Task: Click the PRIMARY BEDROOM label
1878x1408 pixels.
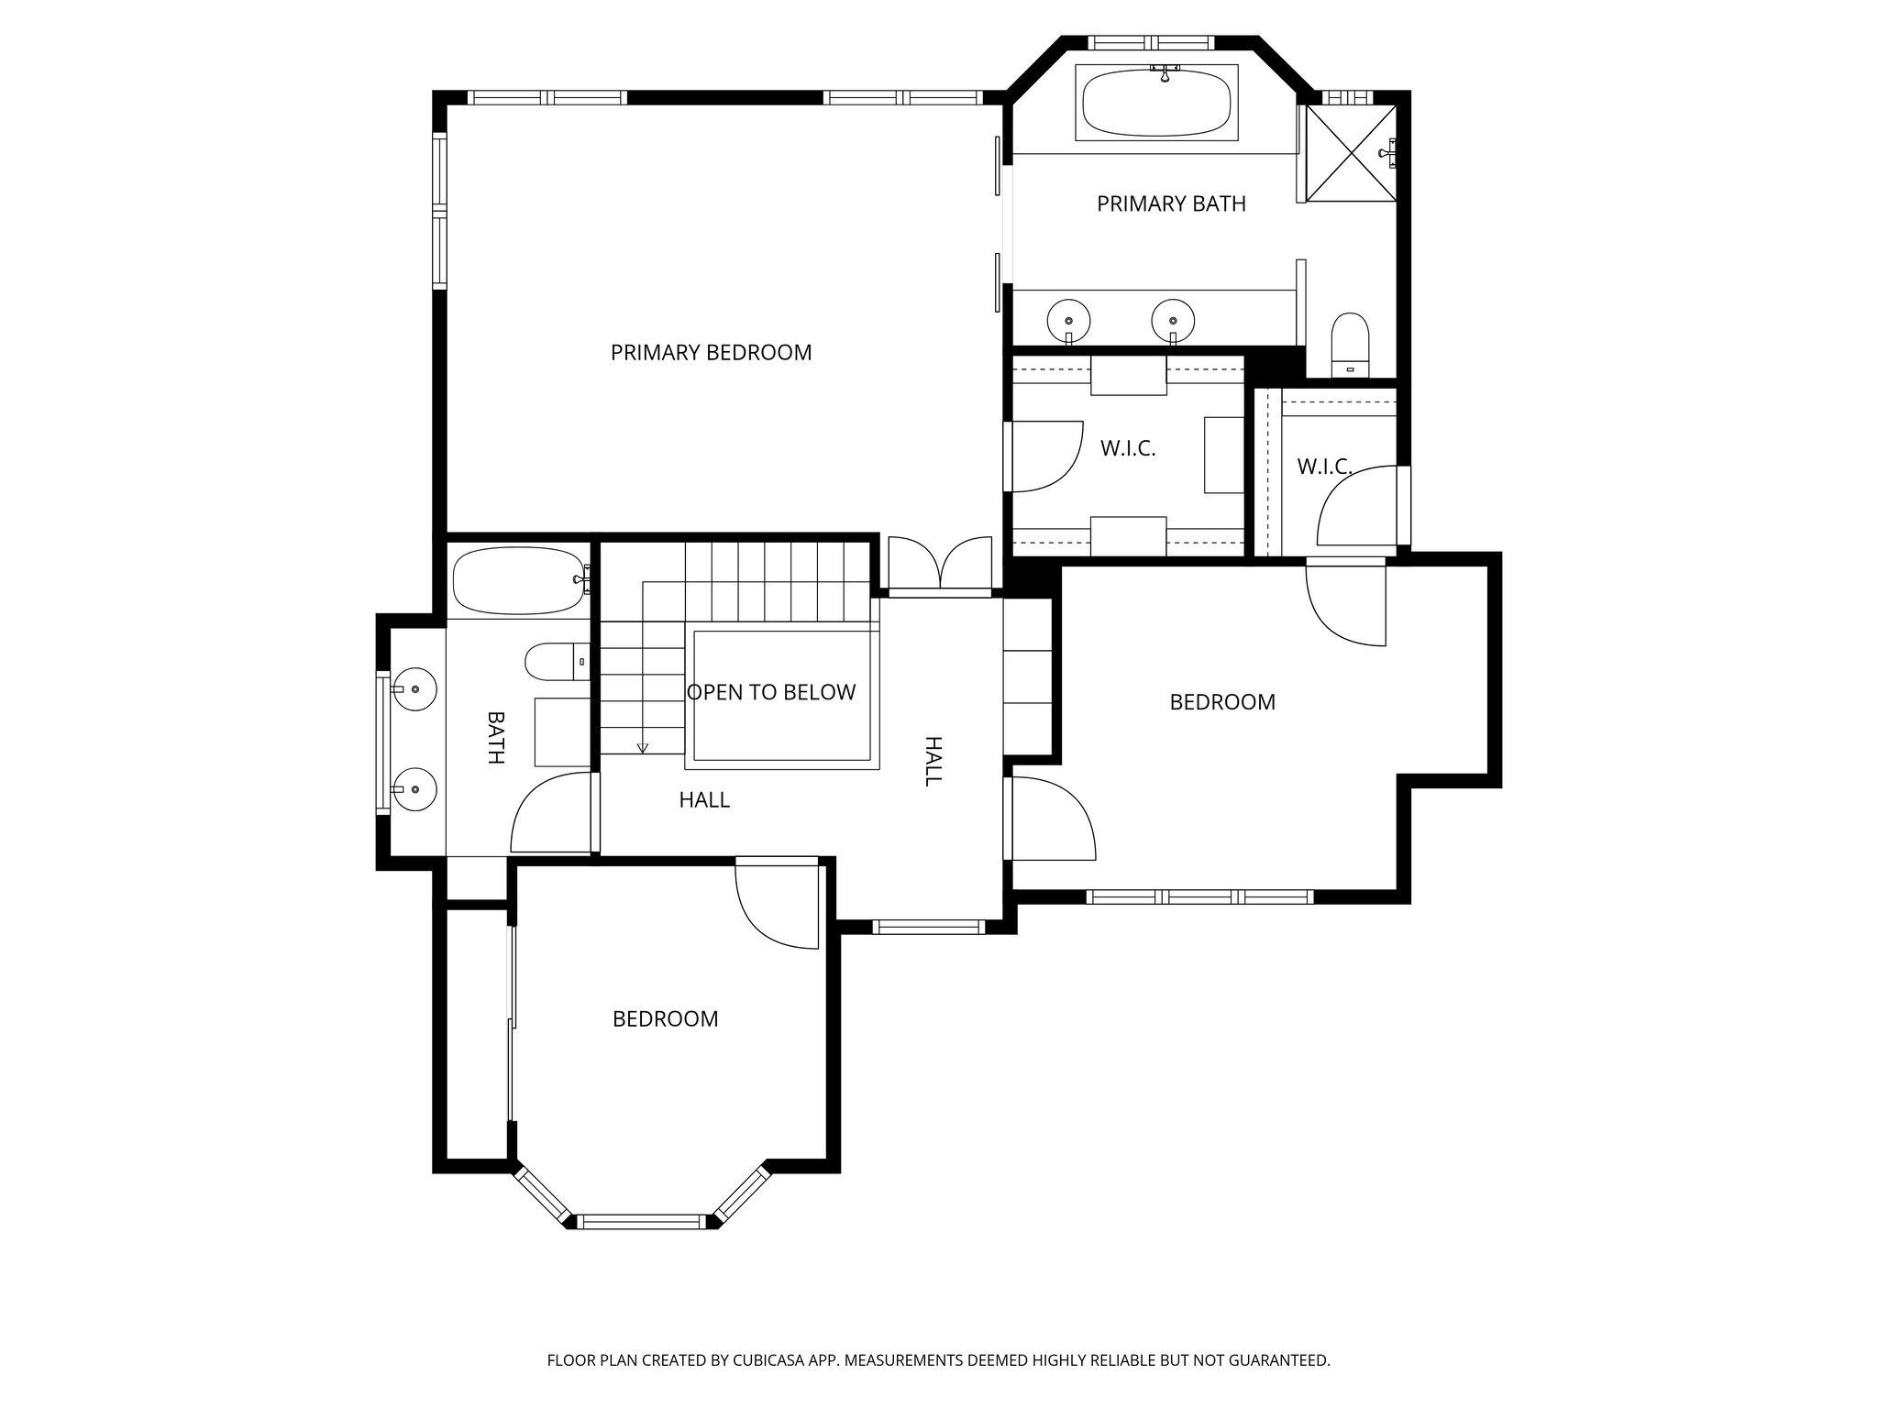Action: (x=711, y=353)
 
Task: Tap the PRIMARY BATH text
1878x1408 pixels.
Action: (x=1171, y=203)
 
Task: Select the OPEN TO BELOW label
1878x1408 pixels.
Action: (x=771, y=693)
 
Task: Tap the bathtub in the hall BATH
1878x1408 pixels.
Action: (x=518, y=581)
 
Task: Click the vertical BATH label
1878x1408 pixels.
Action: (x=495, y=737)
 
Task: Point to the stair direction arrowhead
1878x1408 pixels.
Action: (x=642, y=748)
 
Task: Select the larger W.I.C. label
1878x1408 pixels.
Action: (x=1127, y=449)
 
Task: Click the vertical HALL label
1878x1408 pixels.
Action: (x=933, y=761)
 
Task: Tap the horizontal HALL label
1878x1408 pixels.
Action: (x=704, y=800)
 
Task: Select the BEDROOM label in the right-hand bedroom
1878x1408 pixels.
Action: (x=1222, y=702)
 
